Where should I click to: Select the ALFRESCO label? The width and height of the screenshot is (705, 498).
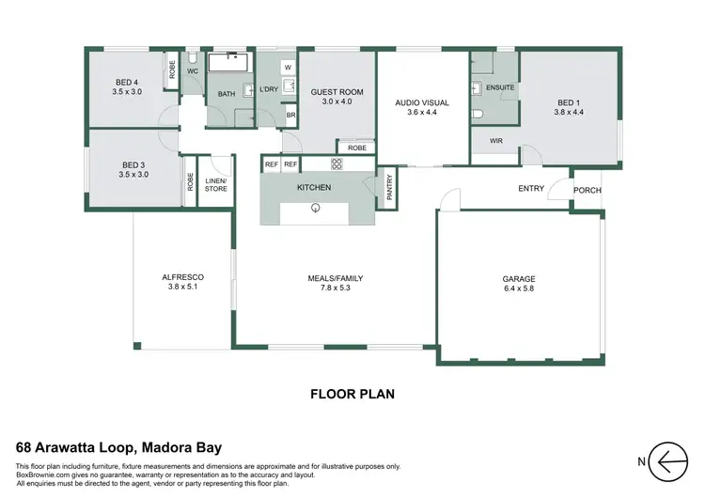click(x=184, y=277)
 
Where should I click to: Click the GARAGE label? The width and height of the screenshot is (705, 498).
click(x=518, y=279)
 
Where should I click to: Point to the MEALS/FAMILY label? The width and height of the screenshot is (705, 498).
click(x=335, y=278)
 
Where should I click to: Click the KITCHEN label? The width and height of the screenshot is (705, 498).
click(x=314, y=189)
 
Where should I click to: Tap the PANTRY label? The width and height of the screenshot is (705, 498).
click(x=388, y=188)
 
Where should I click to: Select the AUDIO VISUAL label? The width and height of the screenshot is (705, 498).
click(x=422, y=102)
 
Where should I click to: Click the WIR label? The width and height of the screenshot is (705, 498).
click(x=495, y=142)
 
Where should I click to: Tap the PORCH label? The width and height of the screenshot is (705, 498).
click(x=587, y=191)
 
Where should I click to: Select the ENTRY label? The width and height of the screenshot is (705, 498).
click(x=531, y=189)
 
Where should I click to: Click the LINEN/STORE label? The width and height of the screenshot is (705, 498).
click(x=216, y=184)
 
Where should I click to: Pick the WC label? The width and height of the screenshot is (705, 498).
click(x=192, y=71)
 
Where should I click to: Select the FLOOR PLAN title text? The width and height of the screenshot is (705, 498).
click(x=352, y=395)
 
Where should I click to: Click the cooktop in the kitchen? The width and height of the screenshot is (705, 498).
click(x=340, y=164)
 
